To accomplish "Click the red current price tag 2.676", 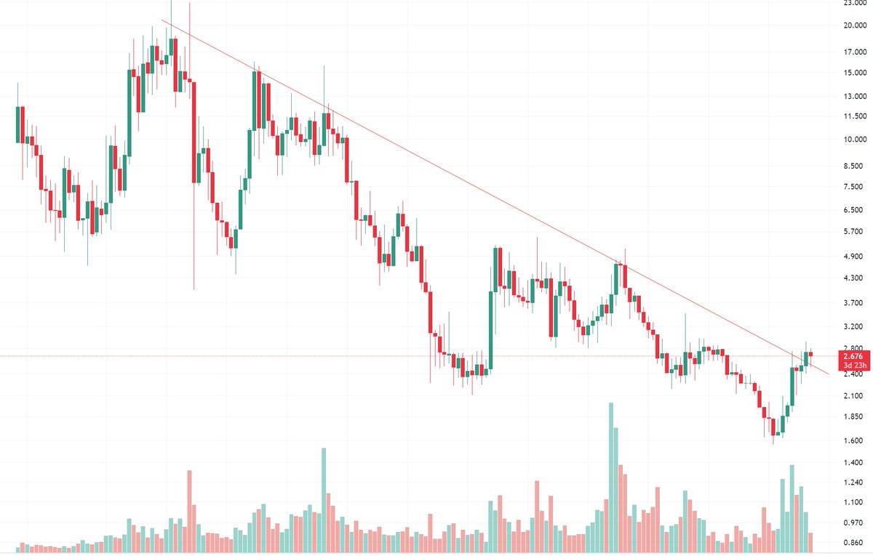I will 852,356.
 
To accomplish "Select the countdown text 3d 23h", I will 852,366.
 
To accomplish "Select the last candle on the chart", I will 811,354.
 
